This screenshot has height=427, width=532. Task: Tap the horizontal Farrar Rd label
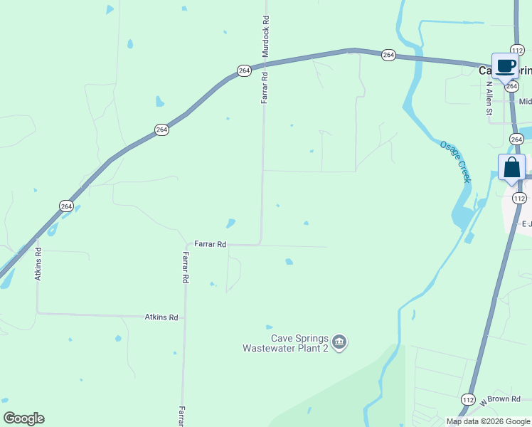click(210, 244)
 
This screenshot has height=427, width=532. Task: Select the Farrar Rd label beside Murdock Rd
click(264, 88)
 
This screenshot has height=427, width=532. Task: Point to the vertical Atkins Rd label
click(38, 263)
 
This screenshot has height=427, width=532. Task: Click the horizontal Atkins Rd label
click(161, 317)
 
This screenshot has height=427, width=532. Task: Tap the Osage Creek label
click(455, 162)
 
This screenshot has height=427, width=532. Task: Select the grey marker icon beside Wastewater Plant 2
click(340, 343)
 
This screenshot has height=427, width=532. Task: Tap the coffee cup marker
click(505, 67)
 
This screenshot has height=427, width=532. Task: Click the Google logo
click(23, 418)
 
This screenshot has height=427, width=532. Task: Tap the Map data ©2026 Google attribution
click(488, 421)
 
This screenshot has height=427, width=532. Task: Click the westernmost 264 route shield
click(66, 206)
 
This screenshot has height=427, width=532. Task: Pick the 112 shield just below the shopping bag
click(518, 198)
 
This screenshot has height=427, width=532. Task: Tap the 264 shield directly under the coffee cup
click(512, 86)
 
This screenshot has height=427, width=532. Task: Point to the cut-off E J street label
click(526, 223)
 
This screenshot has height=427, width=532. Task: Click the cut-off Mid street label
click(525, 102)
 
